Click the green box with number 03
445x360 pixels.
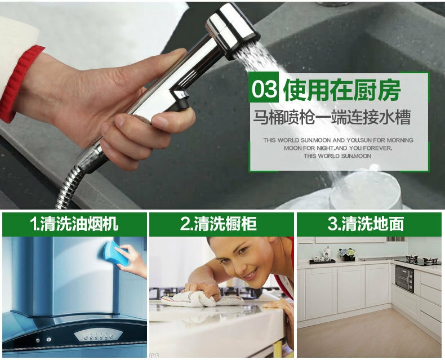click(x=264, y=87)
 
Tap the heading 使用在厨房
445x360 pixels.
click(x=342, y=89)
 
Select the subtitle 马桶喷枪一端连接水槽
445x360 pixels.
click(x=332, y=117)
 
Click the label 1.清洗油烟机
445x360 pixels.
click(x=74, y=224)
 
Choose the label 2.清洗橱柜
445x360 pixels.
click(x=218, y=224)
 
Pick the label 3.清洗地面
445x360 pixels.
click(x=366, y=224)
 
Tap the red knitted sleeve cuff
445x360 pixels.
click(x=17, y=83)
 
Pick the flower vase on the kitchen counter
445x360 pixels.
click(x=348, y=254)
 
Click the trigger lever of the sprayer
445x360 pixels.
click(x=179, y=100)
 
